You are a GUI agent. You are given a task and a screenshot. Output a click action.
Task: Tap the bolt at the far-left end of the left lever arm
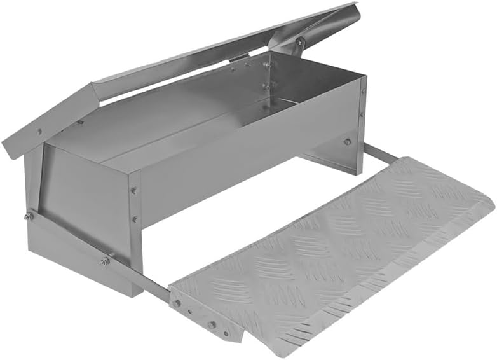(29, 216)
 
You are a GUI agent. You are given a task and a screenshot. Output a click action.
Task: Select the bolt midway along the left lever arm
(103, 261)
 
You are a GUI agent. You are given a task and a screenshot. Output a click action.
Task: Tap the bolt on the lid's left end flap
(39, 132)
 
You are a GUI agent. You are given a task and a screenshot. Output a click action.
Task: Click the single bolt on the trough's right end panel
(347, 141)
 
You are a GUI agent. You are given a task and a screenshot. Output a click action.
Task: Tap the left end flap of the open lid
(48, 124)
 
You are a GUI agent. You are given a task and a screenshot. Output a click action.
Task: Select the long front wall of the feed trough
(248, 153)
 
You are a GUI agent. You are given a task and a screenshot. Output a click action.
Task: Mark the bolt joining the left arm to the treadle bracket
(177, 305)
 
